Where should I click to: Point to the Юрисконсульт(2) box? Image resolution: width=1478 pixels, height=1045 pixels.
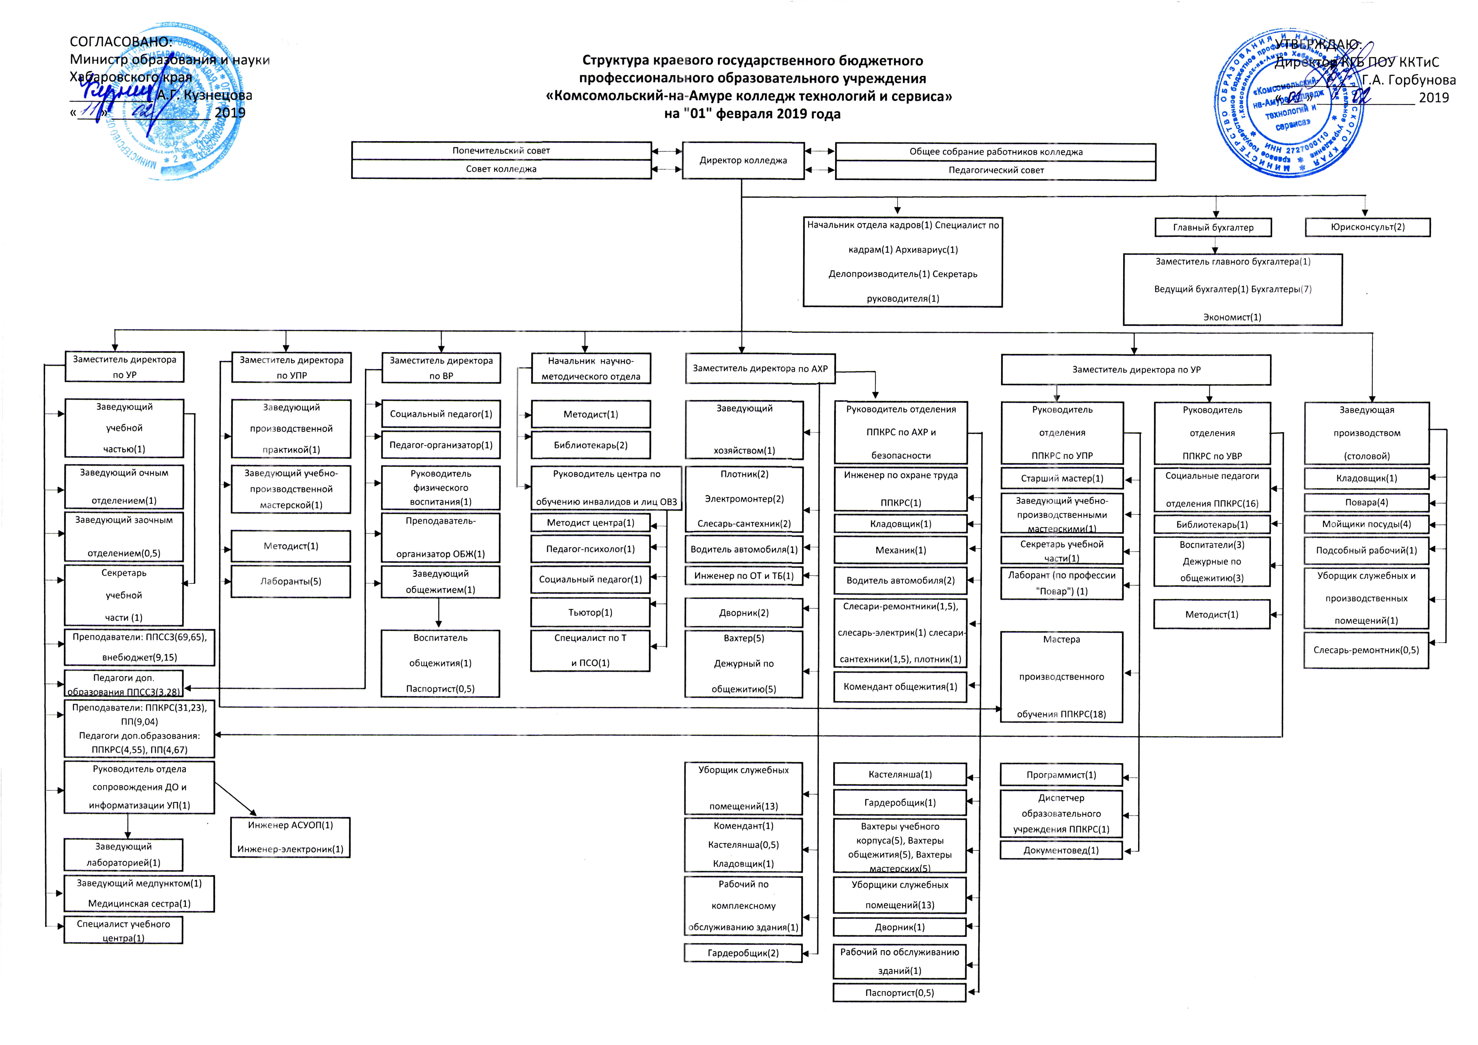1367,227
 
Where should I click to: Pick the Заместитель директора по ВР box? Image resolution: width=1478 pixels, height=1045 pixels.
441,368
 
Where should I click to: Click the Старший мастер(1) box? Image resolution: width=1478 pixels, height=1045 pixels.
1062,478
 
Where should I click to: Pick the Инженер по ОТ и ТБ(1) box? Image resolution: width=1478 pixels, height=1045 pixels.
744,576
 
